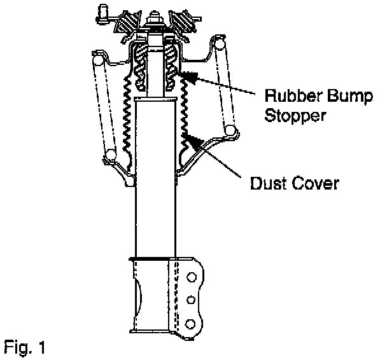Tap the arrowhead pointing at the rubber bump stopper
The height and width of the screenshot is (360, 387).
185,76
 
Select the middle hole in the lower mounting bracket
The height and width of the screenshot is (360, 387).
190,300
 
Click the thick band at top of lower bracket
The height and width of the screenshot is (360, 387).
153,258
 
